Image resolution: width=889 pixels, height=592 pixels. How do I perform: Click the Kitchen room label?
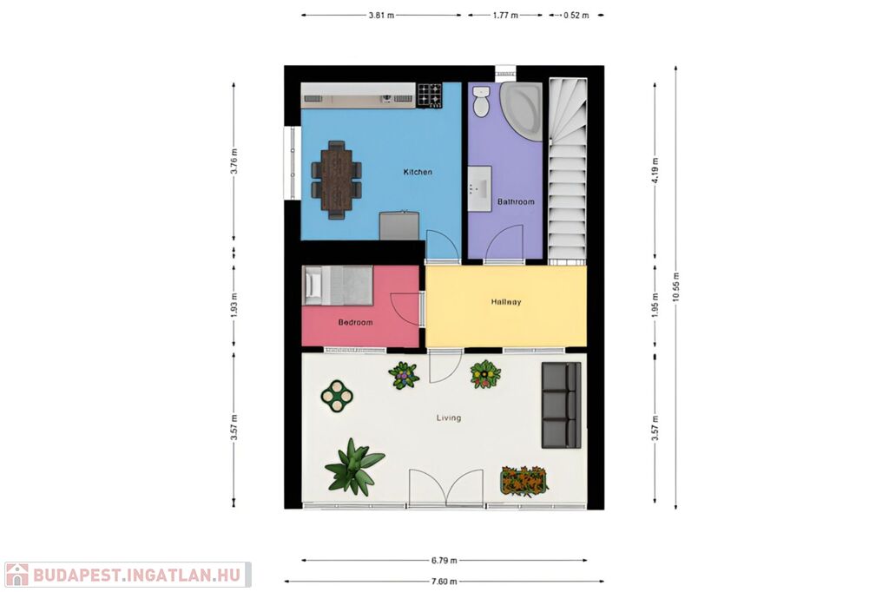click(418, 172)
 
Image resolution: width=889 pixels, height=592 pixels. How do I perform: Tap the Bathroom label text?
click(516, 201)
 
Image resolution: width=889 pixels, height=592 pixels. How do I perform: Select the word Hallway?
click(506, 302)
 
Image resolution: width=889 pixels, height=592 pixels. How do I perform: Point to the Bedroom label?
click(355, 322)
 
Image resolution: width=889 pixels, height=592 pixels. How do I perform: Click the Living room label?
click(449, 418)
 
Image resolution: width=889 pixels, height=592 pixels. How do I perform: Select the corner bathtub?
click(522, 110)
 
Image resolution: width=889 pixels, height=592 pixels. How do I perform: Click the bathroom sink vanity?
click(479, 189)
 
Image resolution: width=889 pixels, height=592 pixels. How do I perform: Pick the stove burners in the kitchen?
click(430, 95)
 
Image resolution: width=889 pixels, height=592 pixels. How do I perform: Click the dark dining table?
click(336, 179)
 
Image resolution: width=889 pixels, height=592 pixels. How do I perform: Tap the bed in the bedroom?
click(338, 286)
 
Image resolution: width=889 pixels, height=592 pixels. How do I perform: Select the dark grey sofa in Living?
click(562, 405)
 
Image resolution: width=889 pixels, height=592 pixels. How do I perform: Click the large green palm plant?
click(354, 466)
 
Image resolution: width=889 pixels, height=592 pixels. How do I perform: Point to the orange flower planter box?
click(524, 480)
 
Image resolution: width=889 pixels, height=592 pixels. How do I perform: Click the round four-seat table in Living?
click(338, 395)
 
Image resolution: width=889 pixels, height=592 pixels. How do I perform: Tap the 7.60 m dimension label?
click(444, 582)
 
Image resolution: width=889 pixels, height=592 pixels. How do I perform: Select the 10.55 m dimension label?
click(675, 287)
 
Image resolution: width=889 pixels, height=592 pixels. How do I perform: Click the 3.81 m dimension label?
click(381, 16)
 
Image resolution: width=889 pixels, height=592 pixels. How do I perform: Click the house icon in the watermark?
click(17, 575)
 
